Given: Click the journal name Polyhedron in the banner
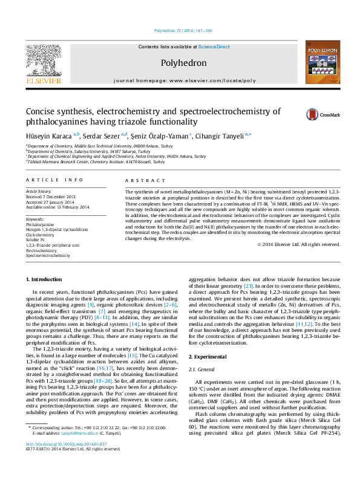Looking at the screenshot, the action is [x=183, y=63].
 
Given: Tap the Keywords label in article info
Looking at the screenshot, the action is [x=36, y=218].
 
